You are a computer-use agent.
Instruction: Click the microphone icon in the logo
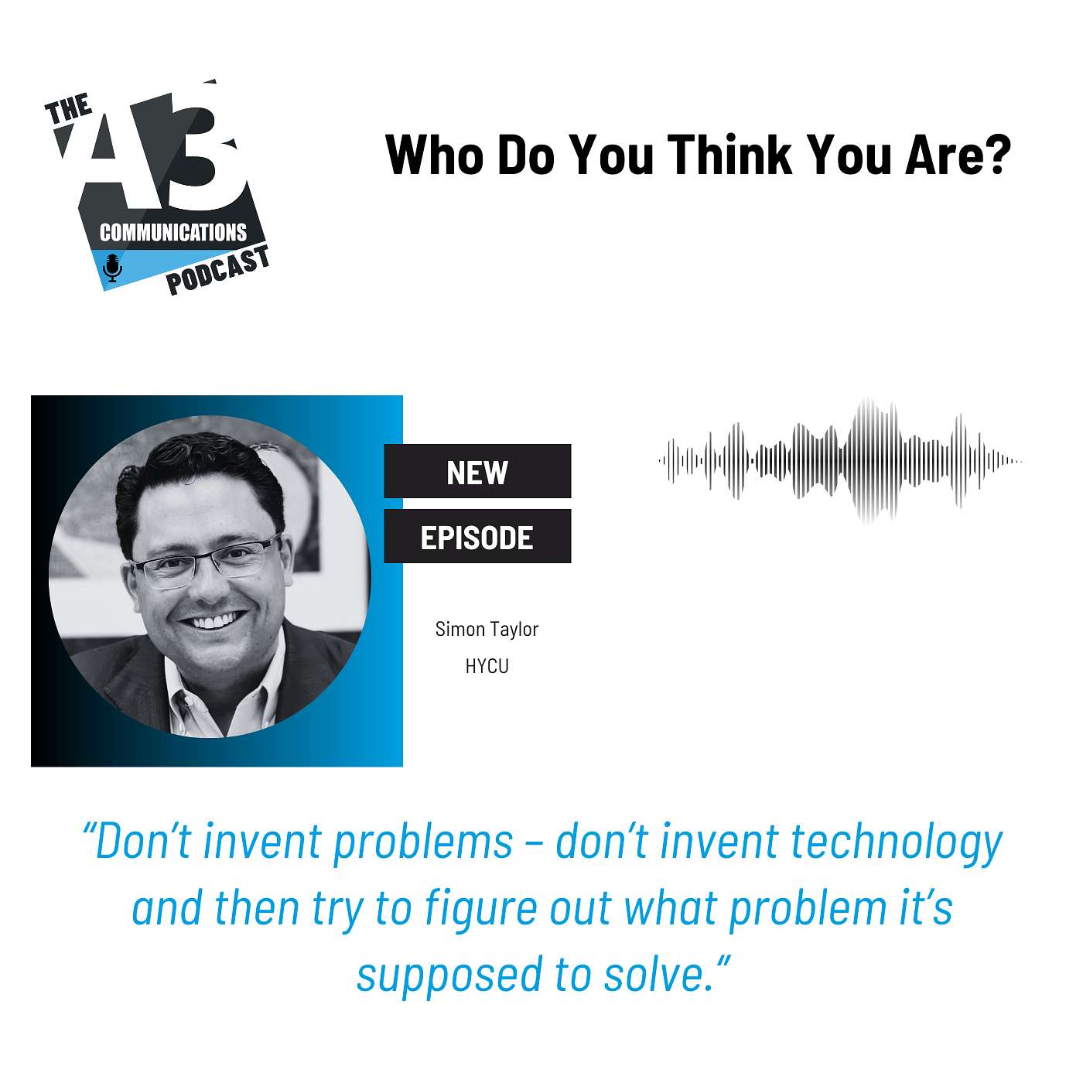113,268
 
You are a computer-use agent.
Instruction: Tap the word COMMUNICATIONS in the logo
173,232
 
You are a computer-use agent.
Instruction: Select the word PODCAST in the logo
218,270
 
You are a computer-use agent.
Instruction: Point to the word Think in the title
730,155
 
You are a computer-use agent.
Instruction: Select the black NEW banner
477,471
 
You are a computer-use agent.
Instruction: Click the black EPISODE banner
477,536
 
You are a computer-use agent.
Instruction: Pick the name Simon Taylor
487,630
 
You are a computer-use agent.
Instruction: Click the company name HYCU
487,667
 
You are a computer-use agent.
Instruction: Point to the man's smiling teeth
214,621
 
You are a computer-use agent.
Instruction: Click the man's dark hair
196,472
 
